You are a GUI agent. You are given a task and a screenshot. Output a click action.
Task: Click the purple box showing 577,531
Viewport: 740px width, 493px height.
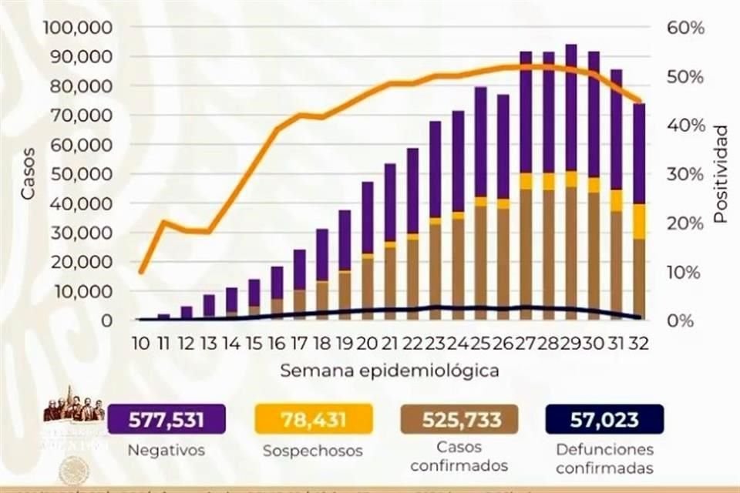[166, 420]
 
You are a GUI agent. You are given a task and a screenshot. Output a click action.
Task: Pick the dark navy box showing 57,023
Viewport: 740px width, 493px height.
[604, 420]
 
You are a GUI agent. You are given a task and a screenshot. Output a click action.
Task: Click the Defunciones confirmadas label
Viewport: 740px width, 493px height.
[604, 458]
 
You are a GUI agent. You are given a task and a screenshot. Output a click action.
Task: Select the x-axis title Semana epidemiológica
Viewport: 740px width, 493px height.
[389, 371]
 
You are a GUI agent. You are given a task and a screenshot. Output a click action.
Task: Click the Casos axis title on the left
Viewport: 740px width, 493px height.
[29, 174]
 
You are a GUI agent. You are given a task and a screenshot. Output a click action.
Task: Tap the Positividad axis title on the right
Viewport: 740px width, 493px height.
[720, 174]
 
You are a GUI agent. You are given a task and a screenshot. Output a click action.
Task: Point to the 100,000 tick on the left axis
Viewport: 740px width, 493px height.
[79, 28]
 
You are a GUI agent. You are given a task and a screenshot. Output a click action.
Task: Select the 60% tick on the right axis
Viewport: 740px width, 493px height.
[685, 28]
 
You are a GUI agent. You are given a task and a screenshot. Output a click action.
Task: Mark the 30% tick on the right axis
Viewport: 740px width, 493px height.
[685, 174]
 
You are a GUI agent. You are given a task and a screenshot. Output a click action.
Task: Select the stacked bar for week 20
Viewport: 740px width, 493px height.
[368, 254]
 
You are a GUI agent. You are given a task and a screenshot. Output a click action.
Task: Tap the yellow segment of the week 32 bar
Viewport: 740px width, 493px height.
[639, 222]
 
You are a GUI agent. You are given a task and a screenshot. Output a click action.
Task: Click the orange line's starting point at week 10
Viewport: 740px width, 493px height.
[140, 272]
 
